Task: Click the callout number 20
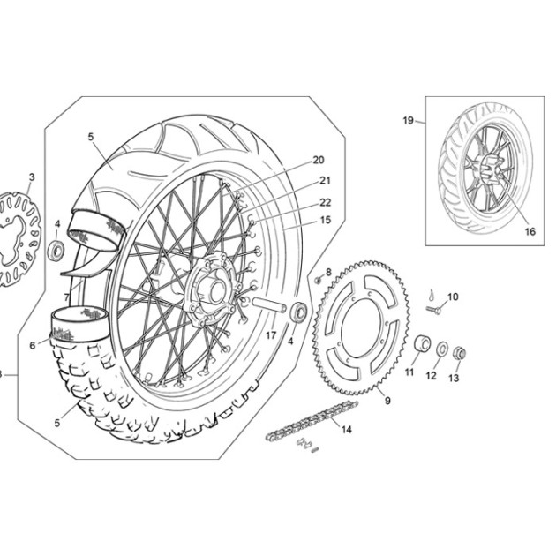pyautogui.click(x=318, y=161)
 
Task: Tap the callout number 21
pyautogui.click(x=325, y=181)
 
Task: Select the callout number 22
pyautogui.click(x=325, y=202)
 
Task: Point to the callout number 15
pyautogui.click(x=325, y=220)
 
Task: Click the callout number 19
pyautogui.click(x=408, y=121)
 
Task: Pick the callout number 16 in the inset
pyautogui.click(x=530, y=231)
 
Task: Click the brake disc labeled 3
pyautogui.click(x=19, y=239)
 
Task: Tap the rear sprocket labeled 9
pyautogui.click(x=361, y=327)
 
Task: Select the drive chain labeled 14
pyautogui.click(x=312, y=420)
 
